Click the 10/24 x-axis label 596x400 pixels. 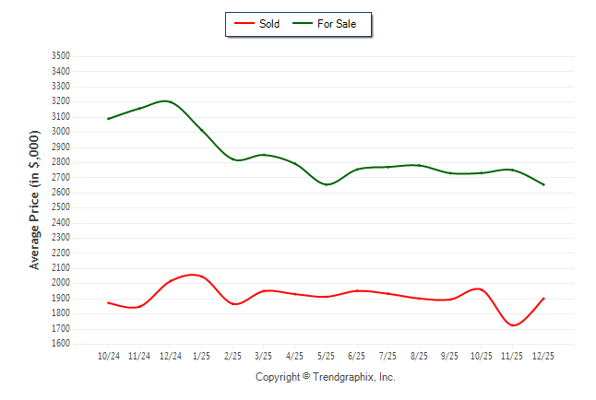tap(108, 356)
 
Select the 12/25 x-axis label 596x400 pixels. tap(543, 356)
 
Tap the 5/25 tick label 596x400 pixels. tap(326, 356)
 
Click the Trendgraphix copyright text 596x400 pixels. tap(325, 377)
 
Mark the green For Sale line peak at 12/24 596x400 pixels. tap(167, 101)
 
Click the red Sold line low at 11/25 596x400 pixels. tap(513, 324)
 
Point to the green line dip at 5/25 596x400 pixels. tap(326, 184)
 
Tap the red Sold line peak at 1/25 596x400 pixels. tap(194, 275)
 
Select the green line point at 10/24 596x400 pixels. tap(108, 119)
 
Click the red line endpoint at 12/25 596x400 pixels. tap(543, 299)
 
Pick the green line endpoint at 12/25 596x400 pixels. tap(543, 184)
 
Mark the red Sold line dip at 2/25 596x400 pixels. tap(235, 304)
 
